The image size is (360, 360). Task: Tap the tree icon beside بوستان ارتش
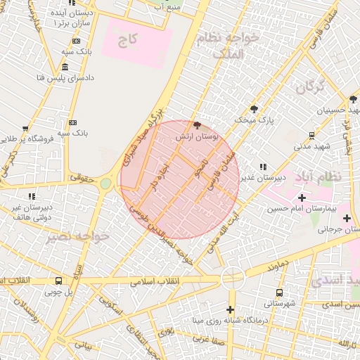point(196,124)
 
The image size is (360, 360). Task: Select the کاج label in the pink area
point(128,39)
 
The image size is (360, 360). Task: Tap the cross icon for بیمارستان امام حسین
point(302,198)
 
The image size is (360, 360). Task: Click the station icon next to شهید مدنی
point(312,135)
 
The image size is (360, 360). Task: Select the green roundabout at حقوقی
point(105,184)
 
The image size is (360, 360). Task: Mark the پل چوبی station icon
point(58,281)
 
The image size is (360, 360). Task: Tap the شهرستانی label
point(279,304)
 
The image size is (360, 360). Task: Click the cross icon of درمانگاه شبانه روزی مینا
point(230,310)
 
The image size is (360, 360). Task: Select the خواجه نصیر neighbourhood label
point(78,237)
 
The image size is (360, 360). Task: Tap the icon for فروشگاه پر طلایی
point(25,129)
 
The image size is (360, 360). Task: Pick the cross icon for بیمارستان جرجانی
point(347,218)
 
